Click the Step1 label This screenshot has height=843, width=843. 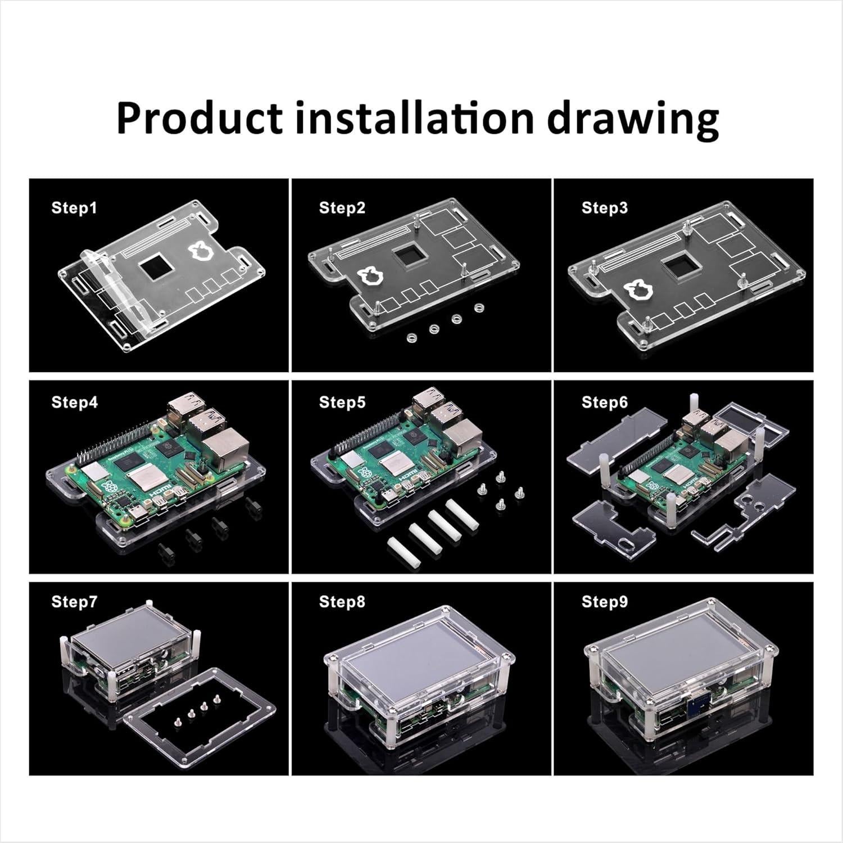(74, 208)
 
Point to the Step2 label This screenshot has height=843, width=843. (342, 208)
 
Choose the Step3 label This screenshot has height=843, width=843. (605, 208)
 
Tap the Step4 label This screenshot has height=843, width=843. (74, 402)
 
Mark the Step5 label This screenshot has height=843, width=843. (342, 402)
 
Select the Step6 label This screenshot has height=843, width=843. (605, 402)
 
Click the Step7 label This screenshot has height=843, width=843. (74, 602)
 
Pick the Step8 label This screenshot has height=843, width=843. (342, 602)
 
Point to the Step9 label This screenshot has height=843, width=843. (605, 602)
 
